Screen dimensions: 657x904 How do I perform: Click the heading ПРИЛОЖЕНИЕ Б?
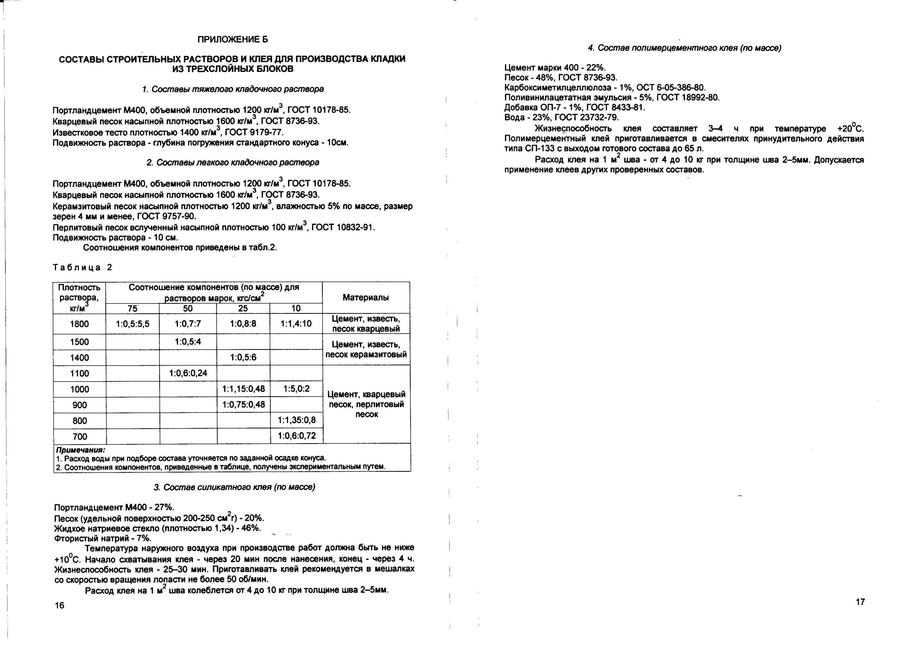pos(233,39)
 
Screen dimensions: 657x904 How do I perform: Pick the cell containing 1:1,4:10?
pos(296,324)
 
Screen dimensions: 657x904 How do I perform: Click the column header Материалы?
pos(366,297)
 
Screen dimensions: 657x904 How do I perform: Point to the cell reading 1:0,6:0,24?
pos(188,374)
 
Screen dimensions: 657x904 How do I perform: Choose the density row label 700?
pos(80,436)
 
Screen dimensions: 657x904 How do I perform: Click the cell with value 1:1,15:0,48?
pos(243,389)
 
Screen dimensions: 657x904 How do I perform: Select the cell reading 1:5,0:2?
pos(296,389)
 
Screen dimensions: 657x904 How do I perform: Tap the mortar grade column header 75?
pos(132,309)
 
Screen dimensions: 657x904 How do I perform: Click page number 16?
pos(60,605)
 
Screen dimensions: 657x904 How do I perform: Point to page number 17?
pos(860,602)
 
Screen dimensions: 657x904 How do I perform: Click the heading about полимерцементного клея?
pos(685,48)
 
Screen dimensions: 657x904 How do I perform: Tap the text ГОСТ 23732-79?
pos(586,117)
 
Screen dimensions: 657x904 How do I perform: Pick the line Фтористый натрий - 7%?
pos(103,538)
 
